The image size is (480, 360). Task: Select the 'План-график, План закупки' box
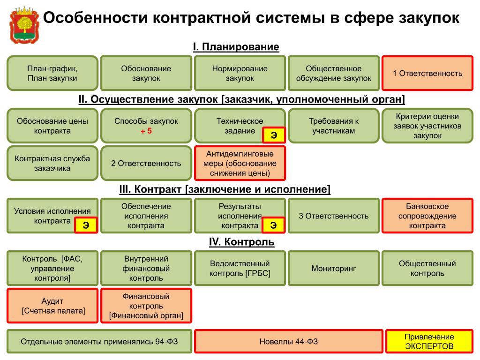[52, 73]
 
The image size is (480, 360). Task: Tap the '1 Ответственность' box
[427, 73]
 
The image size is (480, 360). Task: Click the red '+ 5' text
[146, 131]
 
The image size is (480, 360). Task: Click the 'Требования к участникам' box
[333, 126]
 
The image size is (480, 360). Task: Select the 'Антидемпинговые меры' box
[240, 163]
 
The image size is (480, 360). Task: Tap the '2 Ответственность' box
[146, 163]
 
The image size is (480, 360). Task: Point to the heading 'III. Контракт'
[225, 189]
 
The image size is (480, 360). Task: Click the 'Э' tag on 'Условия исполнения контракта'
[86, 225]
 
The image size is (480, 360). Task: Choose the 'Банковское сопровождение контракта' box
[427, 216]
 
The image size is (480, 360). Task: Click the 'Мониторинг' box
[333, 269]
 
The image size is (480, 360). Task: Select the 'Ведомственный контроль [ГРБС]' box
[240, 269]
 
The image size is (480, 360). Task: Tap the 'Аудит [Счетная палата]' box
[52, 306]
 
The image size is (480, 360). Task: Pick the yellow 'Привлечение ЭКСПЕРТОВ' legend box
[429, 342]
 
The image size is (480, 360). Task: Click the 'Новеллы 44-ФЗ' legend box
[288, 342]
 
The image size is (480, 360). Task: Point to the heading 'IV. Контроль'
[241, 242]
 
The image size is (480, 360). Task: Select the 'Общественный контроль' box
[427, 269]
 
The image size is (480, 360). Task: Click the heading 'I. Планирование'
[236, 47]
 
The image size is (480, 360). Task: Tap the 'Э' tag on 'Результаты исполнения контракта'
[273, 225]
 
